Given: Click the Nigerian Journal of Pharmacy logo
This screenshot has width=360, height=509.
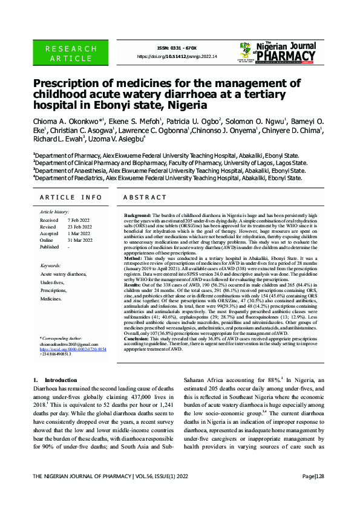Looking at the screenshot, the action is click(x=278, y=53).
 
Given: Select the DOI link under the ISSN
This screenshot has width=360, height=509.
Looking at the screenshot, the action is click(x=177, y=56).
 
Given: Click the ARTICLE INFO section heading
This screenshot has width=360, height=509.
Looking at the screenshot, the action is click(x=71, y=198).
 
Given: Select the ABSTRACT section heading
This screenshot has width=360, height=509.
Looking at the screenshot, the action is click(x=145, y=198).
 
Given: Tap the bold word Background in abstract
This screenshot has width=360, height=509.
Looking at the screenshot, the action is click(x=137, y=215).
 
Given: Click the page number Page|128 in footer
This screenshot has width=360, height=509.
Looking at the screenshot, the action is click(x=313, y=493).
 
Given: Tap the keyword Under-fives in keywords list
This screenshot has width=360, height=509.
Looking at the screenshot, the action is click(x=52, y=282).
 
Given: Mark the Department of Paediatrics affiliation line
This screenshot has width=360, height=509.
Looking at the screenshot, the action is click(x=168, y=178).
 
